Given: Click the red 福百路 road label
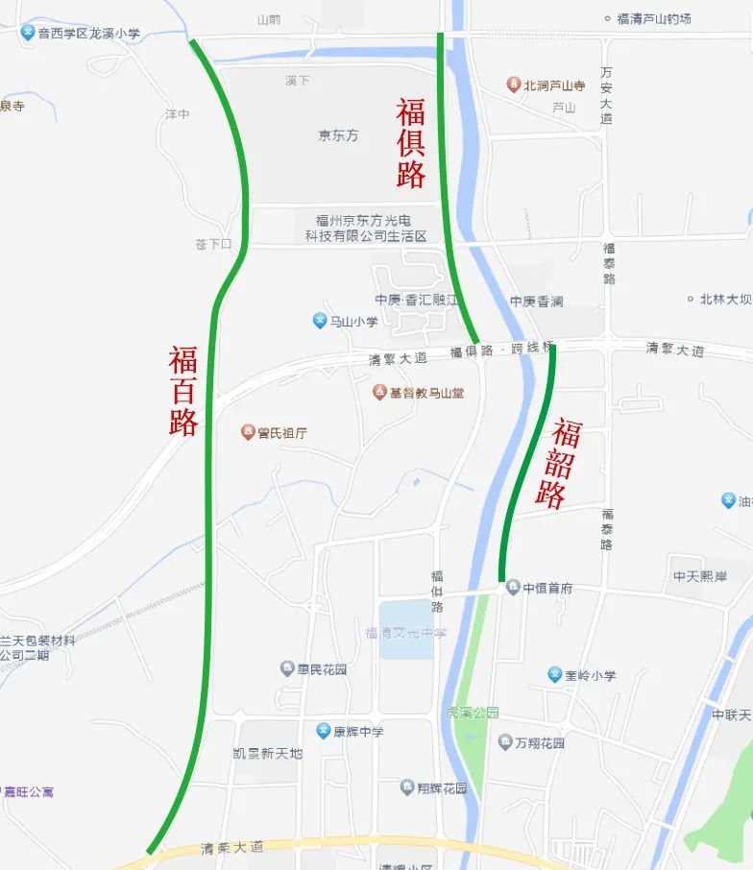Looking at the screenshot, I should pos(183,391).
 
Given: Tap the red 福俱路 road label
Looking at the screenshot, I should pos(411,144).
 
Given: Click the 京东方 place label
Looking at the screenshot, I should pos(338,135).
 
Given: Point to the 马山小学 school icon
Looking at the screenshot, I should pos(320,321).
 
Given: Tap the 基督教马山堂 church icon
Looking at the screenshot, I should pos(379,392).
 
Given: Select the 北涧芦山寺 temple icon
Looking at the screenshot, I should pos(514,85).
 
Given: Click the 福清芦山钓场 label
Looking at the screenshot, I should pos(654,18).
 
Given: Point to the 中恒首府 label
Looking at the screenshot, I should pos(547,588).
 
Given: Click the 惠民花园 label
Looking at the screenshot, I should pos(321,668).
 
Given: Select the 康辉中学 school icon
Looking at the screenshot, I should pos(324,731).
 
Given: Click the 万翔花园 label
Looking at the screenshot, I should pos(540,742).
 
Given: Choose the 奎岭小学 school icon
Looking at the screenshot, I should pos(554,674).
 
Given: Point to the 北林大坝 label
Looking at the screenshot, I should pos(725,300).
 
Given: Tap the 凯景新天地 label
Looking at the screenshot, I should pos(267,754).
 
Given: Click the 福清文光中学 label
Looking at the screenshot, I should pos(405,633).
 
